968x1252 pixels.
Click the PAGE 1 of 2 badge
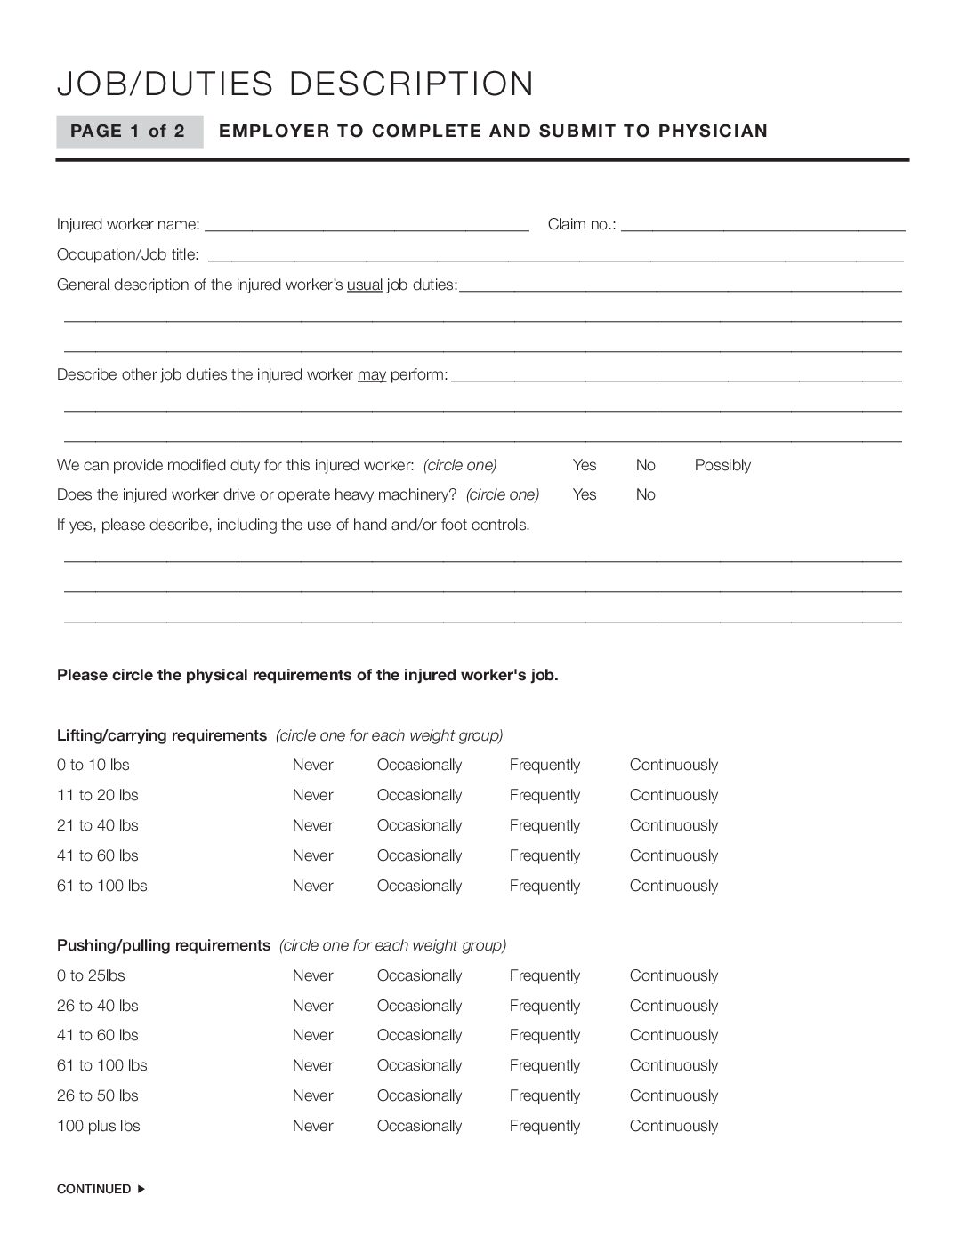click(x=128, y=132)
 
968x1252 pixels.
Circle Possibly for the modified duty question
click(x=722, y=465)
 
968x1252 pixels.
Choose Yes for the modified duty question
click(x=585, y=465)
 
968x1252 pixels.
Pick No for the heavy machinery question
click(x=645, y=494)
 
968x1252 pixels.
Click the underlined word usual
click(x=364, y=285)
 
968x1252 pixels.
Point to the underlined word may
click(x=372, y=375)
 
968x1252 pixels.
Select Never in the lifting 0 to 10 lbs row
click(x=312, y=765)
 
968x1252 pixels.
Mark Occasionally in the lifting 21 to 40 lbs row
click(x=419, y=825)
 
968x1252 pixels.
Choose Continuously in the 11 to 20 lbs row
click(x=674, y=795)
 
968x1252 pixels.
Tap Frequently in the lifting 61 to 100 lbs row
click(x=544, y=886)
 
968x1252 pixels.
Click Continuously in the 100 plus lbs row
click(x=674, y=1126)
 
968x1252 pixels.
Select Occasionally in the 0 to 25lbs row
click(x=419, y=975)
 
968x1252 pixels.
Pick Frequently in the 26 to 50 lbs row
click(x=544, y=1095)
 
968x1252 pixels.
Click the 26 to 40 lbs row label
click(x=98, y=1006)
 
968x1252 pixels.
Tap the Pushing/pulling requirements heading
click(x=163, y=945)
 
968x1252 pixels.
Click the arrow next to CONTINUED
click(x=141, y=1189)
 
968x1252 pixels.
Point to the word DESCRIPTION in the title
click(x=412, y=84)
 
